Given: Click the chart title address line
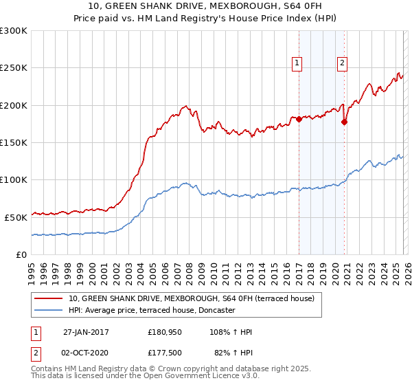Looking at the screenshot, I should pos(205,7).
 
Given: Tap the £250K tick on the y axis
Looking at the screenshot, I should pos(14,68).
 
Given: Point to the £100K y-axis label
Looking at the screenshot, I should pos(14,179).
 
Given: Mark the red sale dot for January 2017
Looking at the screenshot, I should pos(299,119).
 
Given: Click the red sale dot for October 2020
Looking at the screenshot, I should pos(344,122).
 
